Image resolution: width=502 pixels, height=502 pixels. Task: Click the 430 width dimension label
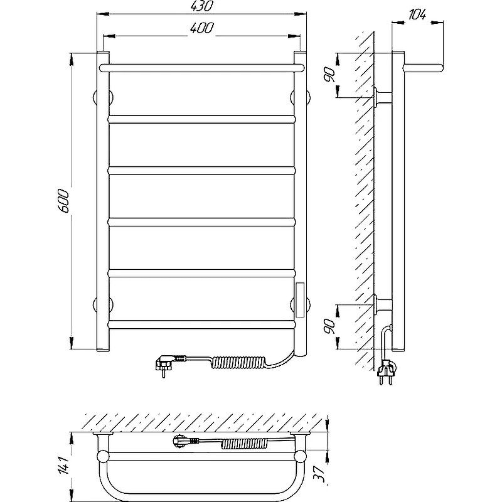(x=201, y=6)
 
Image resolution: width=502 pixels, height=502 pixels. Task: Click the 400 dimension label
(x=201, y=28)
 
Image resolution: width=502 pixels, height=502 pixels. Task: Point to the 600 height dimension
(x=63, y=201)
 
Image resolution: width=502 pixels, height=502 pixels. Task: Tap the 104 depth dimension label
(x=417, y=14)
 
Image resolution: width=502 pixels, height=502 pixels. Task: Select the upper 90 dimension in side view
(x=330, y=75)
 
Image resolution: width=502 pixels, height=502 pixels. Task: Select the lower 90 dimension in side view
(x=330, y=326)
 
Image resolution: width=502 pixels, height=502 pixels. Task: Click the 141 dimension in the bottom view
(x=63, y=465)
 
